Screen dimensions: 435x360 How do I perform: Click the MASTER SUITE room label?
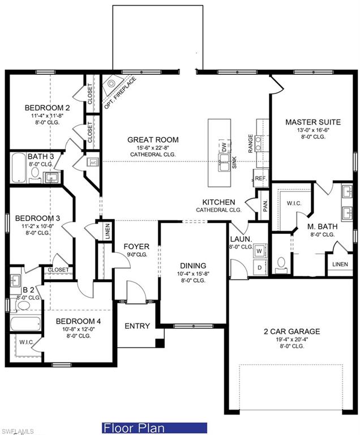point(312,122)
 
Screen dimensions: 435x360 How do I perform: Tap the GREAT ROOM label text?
point(153,139)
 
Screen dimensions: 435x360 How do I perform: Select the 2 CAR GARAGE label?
point(292,331)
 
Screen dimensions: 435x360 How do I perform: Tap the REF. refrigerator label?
point(260,178)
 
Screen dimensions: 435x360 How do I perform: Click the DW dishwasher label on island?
point(224,146)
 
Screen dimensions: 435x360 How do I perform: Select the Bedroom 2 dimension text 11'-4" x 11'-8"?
point(48,116)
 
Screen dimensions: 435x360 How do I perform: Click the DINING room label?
point(193,265)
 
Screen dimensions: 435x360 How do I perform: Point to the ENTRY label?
point(138,326)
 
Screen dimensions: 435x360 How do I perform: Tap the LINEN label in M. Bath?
point(340,264)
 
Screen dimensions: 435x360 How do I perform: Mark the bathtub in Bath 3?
point(19,167)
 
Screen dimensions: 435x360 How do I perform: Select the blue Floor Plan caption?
point(155,428)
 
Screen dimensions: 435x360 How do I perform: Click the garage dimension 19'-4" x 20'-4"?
point(292,340)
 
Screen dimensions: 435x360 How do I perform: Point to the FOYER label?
point(136,246)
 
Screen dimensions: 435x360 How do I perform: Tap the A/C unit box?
point(93,163)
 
